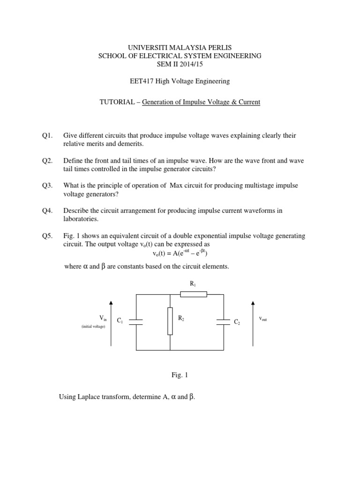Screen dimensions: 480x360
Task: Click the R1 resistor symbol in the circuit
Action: (x=194, y=294)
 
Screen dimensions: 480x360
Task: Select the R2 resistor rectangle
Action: (x=170, y=321)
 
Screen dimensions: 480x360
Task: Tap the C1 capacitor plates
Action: (x=136, y=322)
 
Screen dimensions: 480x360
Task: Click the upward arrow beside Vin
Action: (x=111, y=323)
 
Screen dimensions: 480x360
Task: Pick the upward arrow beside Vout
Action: (x=254, y=323)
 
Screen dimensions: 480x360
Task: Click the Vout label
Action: (x=262, y=319)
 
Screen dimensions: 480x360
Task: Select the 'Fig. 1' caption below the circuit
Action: (x=180, y=375)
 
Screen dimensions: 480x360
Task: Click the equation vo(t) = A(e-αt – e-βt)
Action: (x=180, y=254)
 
